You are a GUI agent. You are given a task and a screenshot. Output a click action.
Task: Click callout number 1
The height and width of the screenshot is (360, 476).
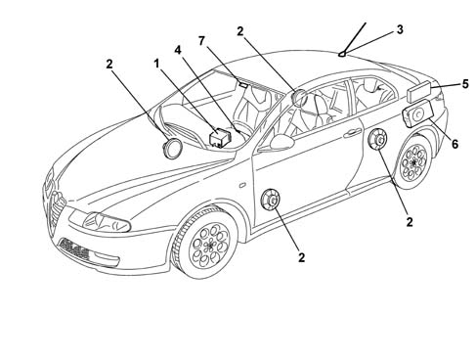(x=156, y=64)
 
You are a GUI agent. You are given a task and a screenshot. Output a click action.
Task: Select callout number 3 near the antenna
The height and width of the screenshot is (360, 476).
(x=400, y=29)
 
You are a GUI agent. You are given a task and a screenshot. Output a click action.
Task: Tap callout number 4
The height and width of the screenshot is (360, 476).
(x=178, y=50)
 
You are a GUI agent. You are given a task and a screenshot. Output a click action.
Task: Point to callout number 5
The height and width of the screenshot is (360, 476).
(x=465, y=84)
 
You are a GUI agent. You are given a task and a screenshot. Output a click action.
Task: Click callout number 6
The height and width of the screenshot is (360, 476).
(x=454, y=144)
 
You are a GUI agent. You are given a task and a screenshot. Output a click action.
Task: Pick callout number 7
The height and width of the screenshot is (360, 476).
(x=201, y=41)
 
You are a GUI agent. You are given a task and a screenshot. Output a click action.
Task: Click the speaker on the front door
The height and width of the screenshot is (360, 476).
(x=271, y=199)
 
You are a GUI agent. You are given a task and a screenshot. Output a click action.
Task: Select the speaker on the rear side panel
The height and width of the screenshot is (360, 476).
(x=377, y=139)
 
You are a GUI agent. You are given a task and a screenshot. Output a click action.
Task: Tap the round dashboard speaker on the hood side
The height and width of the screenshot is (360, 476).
(x=172, y=149)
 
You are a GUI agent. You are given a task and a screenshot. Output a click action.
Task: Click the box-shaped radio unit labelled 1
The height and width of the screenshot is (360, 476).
(x=219, y=137)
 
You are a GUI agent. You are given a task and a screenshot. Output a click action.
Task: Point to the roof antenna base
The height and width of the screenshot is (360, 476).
(x=342, y=54)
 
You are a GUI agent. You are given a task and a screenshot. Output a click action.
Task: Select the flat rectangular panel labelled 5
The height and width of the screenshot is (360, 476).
(x=419, y=91)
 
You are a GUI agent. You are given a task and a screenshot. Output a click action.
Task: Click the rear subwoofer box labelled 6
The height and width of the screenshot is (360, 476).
(x=418, y=113)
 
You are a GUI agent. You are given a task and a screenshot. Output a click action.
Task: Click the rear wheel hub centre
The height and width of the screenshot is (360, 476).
(x=413, y=161)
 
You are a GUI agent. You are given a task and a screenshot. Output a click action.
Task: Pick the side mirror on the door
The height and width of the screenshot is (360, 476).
(x=281, y=142)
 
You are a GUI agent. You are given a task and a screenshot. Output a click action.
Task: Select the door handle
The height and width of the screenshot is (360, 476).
(x=353, y=132)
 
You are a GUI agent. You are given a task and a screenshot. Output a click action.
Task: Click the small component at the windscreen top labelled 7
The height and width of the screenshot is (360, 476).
(x=243, y=84)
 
